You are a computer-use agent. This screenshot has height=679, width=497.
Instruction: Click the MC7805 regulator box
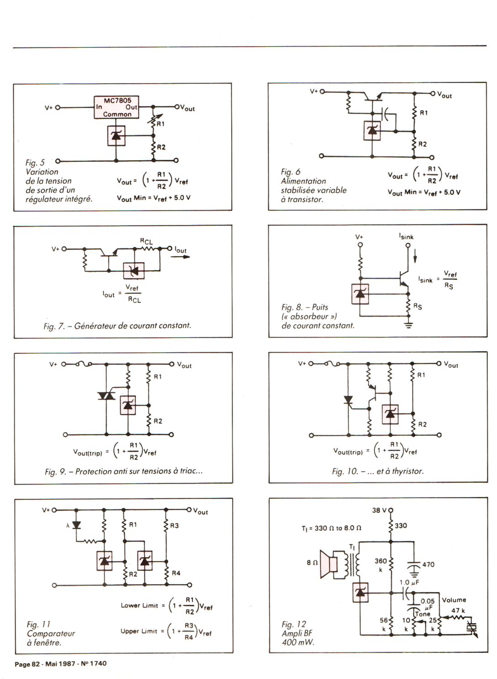click(x=116, y=107)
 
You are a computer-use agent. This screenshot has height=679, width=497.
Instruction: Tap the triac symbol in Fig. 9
click(x=106, y=396)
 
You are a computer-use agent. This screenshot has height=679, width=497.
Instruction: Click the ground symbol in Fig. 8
click(x=409, y=325)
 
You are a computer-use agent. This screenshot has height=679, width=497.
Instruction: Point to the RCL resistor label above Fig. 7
click(x=146, y=241)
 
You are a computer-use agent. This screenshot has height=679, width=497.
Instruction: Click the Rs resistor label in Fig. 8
click(x=418, y=306)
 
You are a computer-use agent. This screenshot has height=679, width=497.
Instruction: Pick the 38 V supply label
click(x=379, y=510)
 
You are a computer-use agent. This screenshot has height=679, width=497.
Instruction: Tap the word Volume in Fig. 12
click(x=454, y=600)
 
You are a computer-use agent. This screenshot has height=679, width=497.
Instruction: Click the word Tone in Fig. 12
click(x=423, y=614)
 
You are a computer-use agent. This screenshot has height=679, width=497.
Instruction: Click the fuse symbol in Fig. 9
click(x=84, y=363)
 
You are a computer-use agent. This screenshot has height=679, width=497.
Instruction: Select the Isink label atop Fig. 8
click(x=406, y=236)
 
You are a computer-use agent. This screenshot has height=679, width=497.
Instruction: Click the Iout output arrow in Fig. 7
click(x=180, y=257)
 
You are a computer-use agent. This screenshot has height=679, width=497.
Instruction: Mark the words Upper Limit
click(x=139, y=631)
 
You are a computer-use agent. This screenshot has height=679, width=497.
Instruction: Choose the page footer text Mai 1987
click(x=60, y=663)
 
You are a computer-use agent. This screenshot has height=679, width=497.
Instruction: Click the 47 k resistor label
click(x=458, y=611)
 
